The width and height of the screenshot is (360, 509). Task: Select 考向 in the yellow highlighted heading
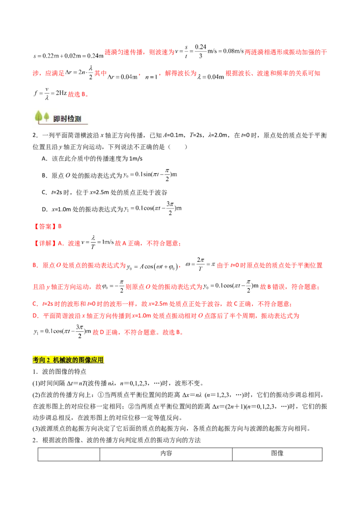pyautogui.click(x=38, y=360)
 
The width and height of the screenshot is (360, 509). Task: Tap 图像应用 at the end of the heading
pyautogui.click(x=90, y=360)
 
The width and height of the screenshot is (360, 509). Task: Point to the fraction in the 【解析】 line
pyautogui.click(x=93, y=242)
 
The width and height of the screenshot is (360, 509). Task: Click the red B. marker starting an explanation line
pyautogui.click(x=35, y=266)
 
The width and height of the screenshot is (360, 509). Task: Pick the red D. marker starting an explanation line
pyautogui.click(x=35, y=317)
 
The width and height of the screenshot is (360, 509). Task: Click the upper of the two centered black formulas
pyautogui.click(x=151, y=175)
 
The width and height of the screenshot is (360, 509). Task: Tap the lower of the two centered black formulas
pyautogui.click(x=153, y=208)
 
